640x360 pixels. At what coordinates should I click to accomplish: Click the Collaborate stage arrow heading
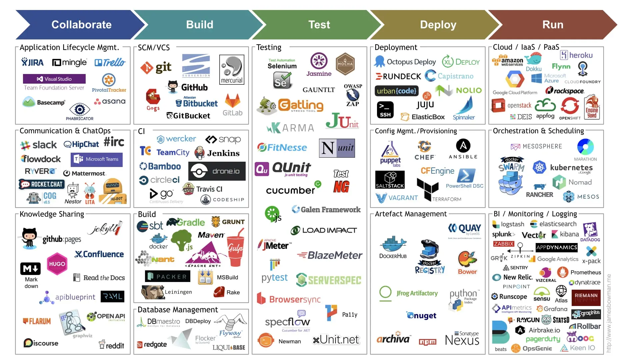pos(81,25)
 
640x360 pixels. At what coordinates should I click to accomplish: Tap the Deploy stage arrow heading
pos(438,25)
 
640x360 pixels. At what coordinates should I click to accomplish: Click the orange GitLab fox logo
pos(232,101)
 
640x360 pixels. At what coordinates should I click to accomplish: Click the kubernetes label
pos(571,168)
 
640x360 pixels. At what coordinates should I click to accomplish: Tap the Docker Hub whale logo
pos(393,245)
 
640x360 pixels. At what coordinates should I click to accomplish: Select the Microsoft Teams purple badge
pos(97,159)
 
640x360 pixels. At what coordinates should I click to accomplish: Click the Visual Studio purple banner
pos(54,79)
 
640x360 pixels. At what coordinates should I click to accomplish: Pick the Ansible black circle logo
pos(463,146)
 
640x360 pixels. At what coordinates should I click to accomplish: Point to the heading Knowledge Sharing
pos(52,214)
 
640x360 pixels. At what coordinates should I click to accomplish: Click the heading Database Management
pos(178,310)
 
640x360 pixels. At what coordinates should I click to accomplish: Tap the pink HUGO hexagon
pos(57,264)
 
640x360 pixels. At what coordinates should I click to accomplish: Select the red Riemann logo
pos(586,297)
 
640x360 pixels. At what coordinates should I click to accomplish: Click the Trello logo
pos(110,62)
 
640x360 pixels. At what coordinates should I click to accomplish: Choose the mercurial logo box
pos(232,69)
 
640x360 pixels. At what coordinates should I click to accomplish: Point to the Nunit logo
pos(337,148)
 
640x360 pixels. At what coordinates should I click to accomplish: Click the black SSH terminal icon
pos(385,110)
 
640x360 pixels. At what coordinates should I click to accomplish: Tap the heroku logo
pos(576,55)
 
